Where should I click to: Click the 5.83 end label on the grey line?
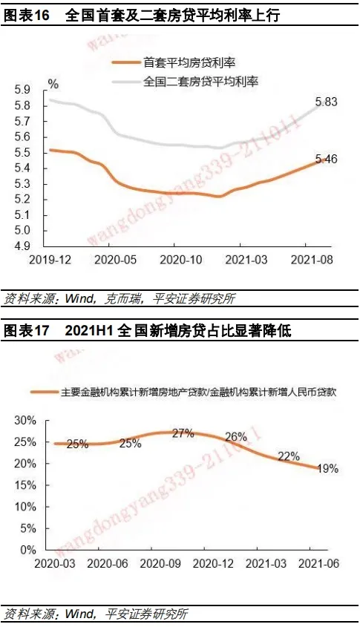pos(327,102)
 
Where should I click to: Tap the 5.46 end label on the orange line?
pos(327,159)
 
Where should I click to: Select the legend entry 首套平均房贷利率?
pos(189,62)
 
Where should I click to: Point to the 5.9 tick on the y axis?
pos(22,90)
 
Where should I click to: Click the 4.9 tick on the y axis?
pos(22,246)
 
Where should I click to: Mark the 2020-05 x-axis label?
pos(115,260)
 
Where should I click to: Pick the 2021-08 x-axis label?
pos(312,260)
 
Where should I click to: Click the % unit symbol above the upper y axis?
pos(53,84)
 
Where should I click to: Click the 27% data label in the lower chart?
pos(183,433)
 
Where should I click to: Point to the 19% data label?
pos(327,468)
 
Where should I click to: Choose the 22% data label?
pos(289,456)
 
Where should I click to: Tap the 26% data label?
pos(236,437)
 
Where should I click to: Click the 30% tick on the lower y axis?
pos(25,421)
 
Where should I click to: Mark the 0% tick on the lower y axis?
pos(28,551)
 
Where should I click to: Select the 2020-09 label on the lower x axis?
pos(160,564)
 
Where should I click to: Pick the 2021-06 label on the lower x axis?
pos(318,564)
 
